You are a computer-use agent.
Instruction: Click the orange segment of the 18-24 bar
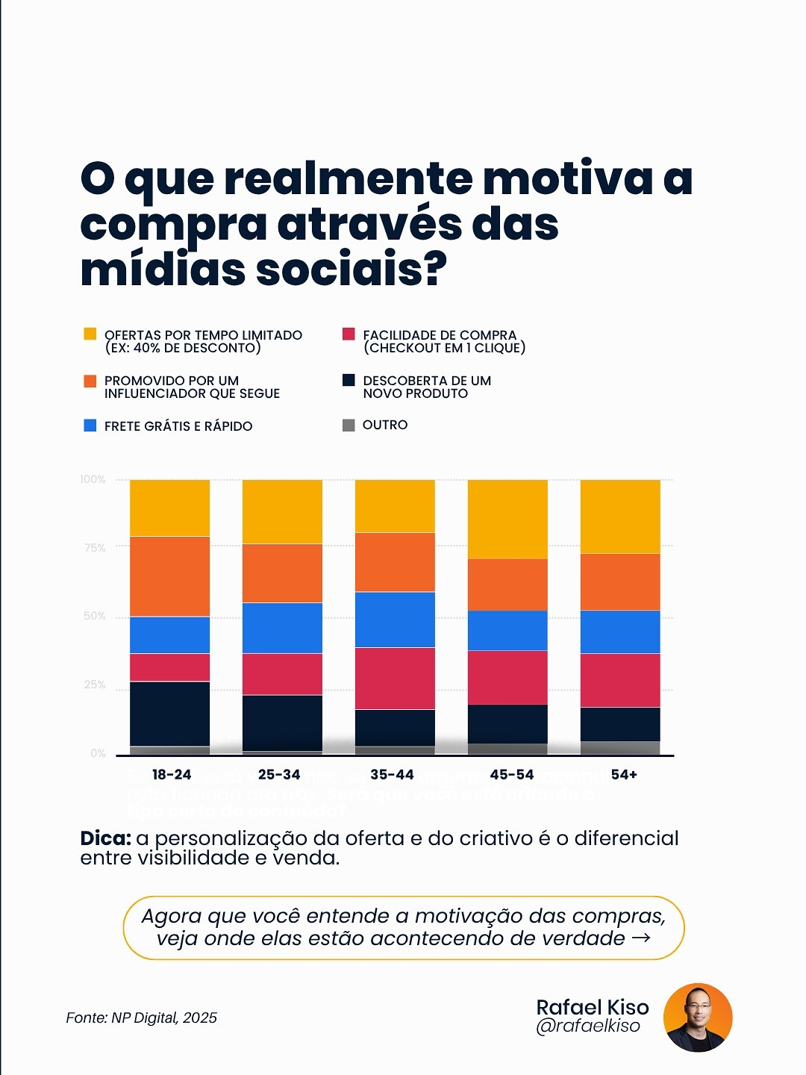pos(169,576)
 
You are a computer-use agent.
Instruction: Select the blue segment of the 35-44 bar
pos(395,619)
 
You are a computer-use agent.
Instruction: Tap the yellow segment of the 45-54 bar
pos(507,519)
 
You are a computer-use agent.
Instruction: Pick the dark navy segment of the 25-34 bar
pos(282,722)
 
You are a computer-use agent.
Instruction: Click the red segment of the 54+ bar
pos(620,680)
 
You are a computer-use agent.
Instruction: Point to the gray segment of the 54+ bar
pos(620,748)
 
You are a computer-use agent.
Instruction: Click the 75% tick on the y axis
pos(95,547)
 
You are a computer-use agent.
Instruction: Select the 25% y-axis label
pos(95,685)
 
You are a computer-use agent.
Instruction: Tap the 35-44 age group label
pos(392,775)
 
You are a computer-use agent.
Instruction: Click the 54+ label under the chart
pos(624,775)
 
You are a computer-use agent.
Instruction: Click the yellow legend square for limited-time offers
pos(90,334)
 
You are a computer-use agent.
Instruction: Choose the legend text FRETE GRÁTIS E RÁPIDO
pos(178,426)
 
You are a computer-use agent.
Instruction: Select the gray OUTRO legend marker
pos(349,426)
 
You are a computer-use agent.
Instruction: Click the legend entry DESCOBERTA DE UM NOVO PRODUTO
pos(426,387)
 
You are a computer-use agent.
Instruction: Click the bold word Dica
pos(105,838)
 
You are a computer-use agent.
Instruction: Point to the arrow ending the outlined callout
pos(641,938)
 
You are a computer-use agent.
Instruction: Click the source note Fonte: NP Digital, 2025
pos(142,1018)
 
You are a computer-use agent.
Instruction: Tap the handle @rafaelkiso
pos(588,1026)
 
